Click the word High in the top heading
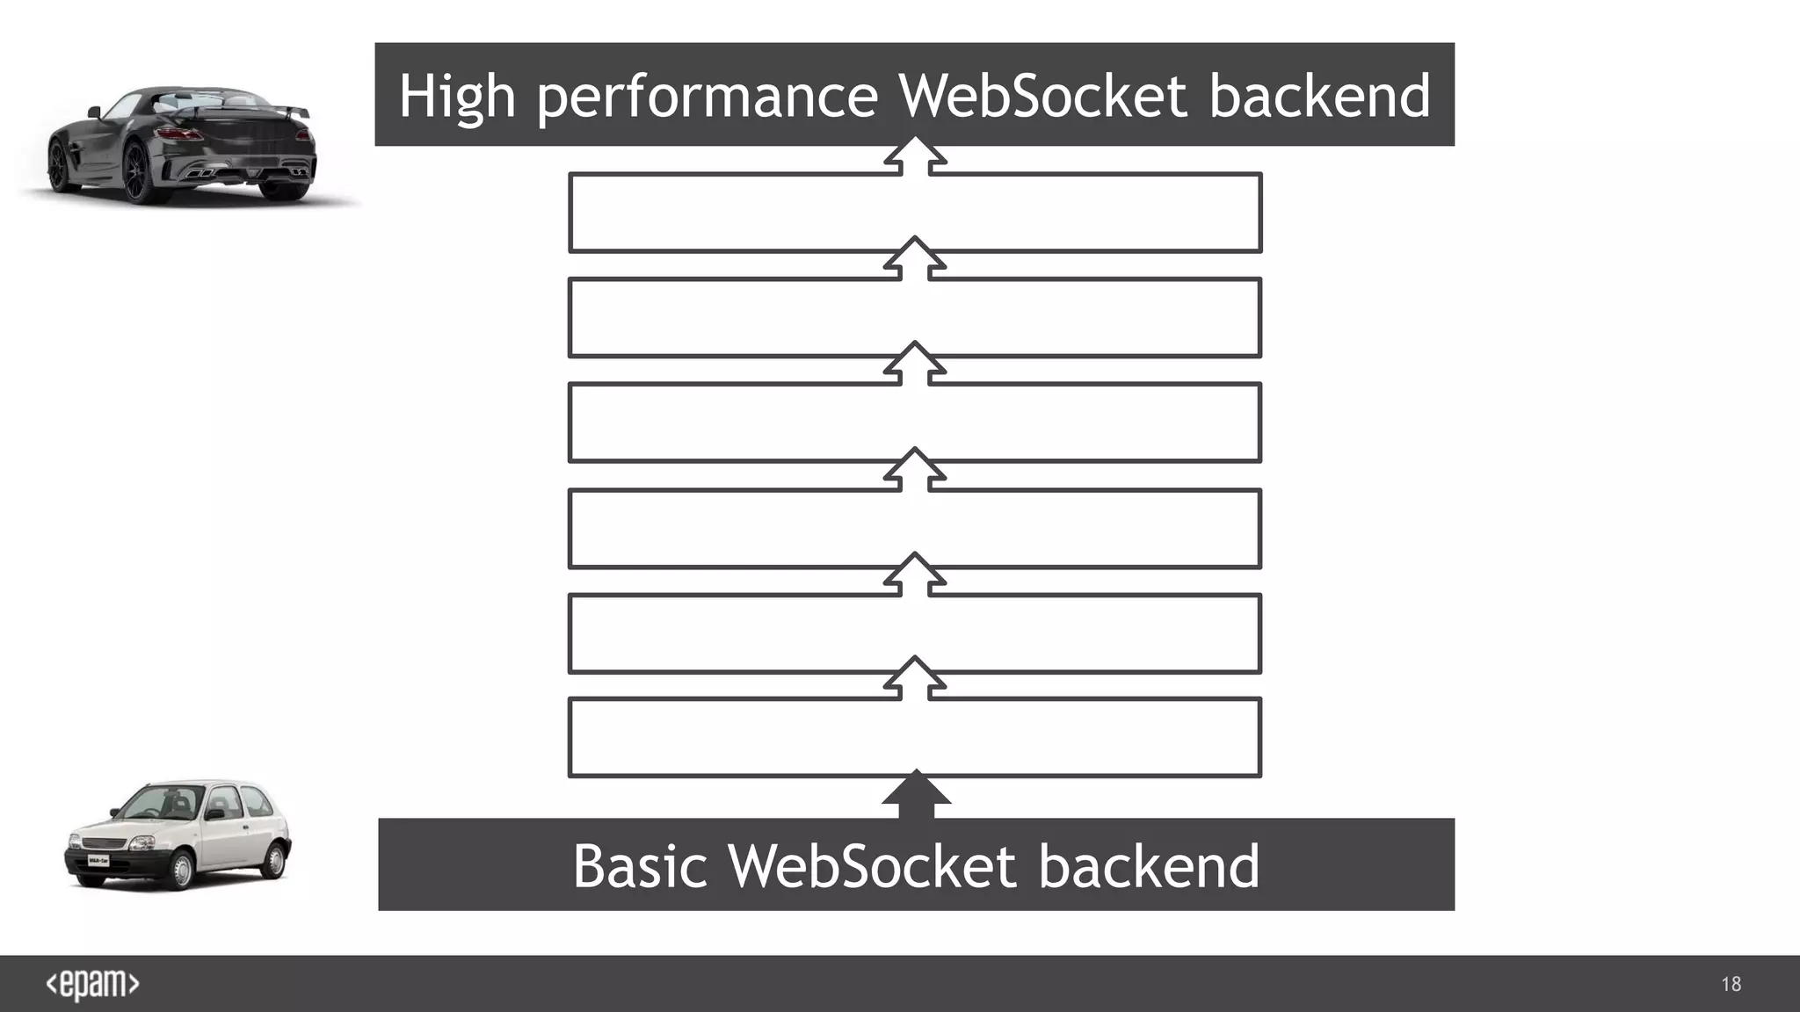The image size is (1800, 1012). pos(456,97)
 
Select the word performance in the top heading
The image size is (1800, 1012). pos(708,97)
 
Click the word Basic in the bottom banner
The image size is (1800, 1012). pos(640,867)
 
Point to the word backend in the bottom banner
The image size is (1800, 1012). pos(1149,867)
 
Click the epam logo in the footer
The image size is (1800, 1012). pos(92,984)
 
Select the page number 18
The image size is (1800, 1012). pos(1731,984)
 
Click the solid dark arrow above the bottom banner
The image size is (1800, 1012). pos(916,793)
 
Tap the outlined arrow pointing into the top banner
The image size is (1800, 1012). pos(915,156)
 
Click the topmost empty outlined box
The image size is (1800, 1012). pos(915,213)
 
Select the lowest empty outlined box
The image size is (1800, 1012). pos(915,737)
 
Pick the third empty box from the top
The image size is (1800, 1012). pos(915,423)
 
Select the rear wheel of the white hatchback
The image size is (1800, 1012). pos(275,859)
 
